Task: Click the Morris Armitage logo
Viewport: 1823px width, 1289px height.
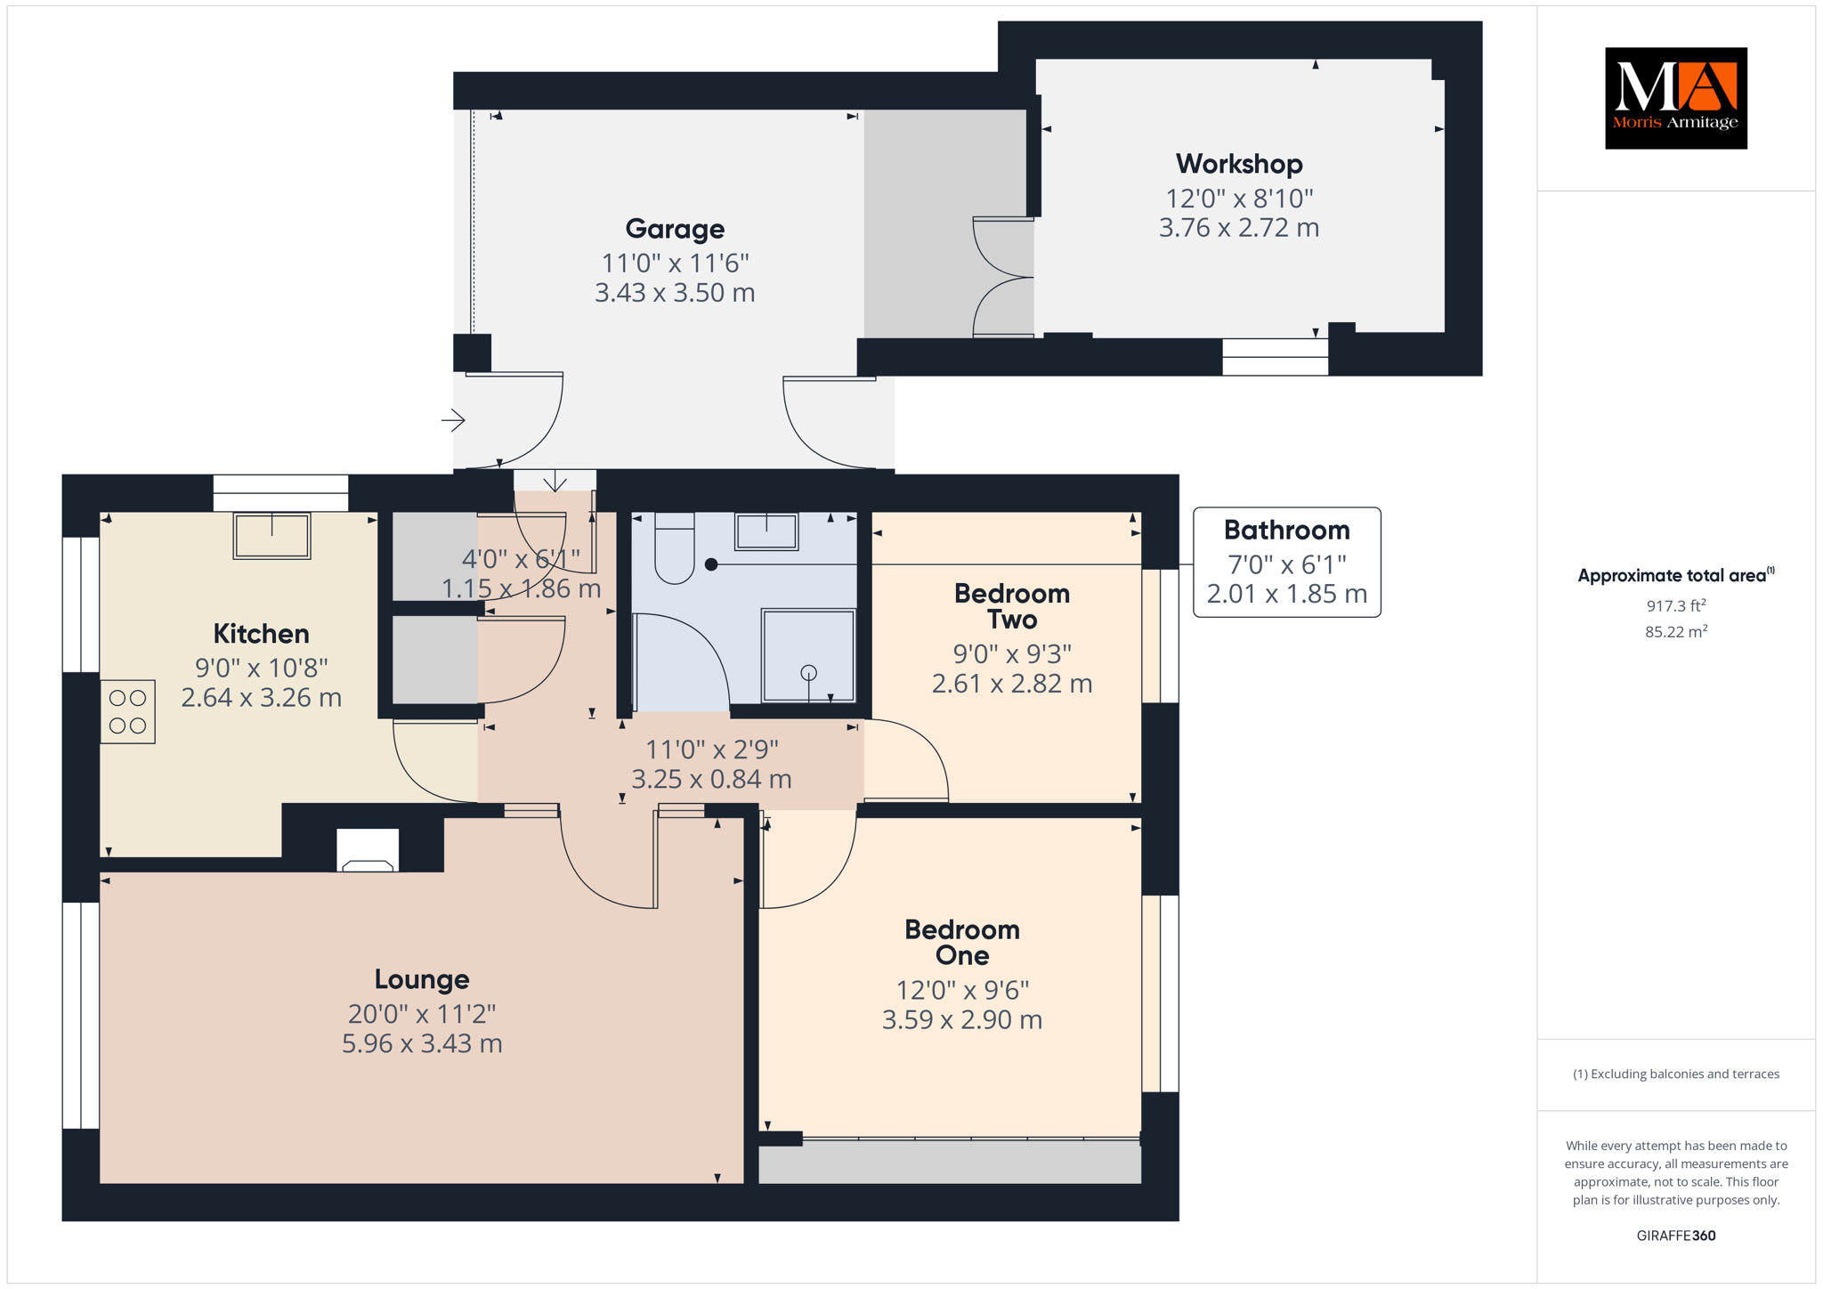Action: point(1675,98)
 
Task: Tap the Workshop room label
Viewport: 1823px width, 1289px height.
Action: point(1238,164)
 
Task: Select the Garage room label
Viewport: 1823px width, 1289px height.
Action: point(675,229)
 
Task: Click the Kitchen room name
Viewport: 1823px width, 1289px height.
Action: point(261,634)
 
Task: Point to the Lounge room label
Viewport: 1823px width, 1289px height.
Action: point(421,979)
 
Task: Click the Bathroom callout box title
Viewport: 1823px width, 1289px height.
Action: point(1286,531)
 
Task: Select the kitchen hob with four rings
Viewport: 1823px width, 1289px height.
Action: point(128,711)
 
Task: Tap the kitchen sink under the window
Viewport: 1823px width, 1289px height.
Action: point(271,535)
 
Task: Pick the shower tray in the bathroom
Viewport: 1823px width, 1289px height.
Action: point(808,655)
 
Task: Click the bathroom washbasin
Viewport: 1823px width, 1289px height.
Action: point(766,531)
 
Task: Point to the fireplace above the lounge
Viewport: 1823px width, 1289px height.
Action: point(368,850)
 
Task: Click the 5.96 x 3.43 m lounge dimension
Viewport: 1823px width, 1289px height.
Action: point(422,1043)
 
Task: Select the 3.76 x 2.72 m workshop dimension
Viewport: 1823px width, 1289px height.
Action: point(1238,228)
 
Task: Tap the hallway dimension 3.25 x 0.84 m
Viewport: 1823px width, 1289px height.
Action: point(711,779)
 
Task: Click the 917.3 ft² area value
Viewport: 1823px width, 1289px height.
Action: point(1676,605)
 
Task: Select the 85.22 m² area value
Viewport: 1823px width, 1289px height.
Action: point(1676,631)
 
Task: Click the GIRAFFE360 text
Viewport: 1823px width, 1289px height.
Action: point(1676,1236)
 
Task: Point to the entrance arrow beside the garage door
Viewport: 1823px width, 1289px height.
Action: point(453,420)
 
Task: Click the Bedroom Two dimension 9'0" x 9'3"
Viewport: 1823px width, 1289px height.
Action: point(1012,654)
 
